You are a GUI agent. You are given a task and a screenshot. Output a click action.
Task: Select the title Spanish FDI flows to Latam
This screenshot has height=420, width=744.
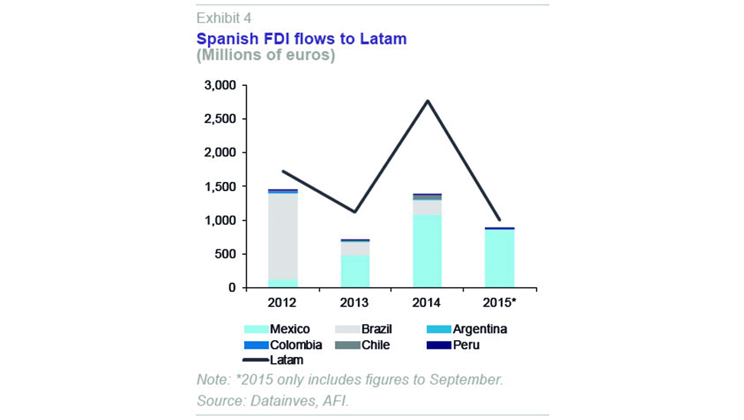point(301,38)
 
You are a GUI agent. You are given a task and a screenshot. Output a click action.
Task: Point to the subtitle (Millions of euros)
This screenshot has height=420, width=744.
point(266,56)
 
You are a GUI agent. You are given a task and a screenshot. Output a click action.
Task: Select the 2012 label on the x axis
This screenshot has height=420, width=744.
point(282,303)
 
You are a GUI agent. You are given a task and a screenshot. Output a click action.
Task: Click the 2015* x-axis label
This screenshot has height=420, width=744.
point(500,303)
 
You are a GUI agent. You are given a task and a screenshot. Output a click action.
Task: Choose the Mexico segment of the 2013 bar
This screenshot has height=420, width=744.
point(355,271)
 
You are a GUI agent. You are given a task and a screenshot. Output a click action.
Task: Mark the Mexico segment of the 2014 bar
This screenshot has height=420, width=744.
point(427,250)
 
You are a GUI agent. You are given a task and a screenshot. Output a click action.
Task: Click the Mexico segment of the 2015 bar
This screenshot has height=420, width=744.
point(499,258)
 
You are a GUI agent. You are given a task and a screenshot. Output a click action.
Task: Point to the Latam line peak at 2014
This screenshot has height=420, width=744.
point(427,101)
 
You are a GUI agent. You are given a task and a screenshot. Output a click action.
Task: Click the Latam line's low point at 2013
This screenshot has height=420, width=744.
point(355,212)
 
